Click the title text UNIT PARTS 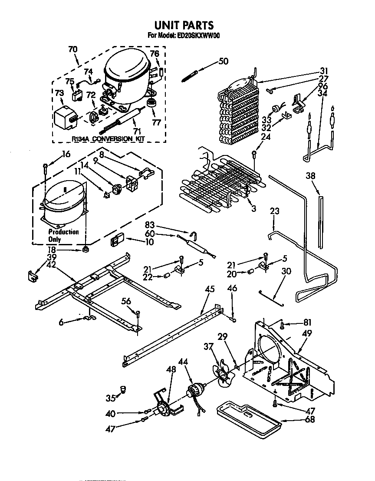click(184, 26)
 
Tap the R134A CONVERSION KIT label click(107, 138)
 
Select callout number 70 click(72, 49)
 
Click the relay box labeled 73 click(64, 116)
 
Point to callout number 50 click(223, 61)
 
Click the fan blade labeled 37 click(222, 372)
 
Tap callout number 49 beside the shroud click(307, 334)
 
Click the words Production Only click(63, 235)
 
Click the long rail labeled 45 click(174, 334)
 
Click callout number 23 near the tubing click(274, 211)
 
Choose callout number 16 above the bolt click(66, 154)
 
